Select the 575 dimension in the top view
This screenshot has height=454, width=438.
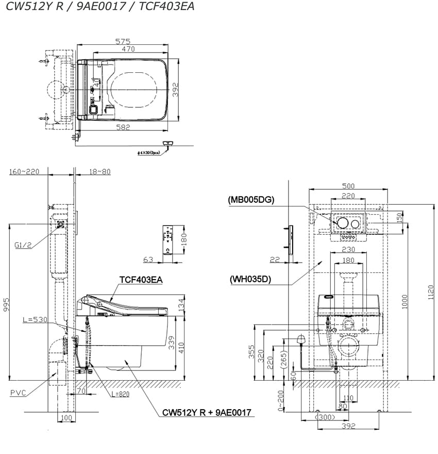tap(123, 41)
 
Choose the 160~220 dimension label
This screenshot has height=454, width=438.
tap(24, 172)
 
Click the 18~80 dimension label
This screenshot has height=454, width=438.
tap(99, 172)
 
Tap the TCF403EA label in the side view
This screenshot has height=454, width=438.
tap(141, 280)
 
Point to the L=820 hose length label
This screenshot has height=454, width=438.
tap(120, 394)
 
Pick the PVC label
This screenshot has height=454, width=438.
tap(18, 393)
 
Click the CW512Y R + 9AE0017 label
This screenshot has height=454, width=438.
tap(206, 412)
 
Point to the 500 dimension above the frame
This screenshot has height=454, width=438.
tap(348, 186)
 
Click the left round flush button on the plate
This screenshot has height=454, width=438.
tap(342, 223)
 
